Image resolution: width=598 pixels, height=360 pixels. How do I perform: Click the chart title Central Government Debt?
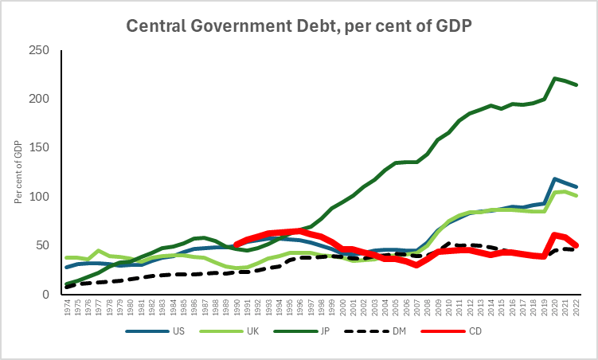[x=299, y=26]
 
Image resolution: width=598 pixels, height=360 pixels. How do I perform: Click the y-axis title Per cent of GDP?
[x=19, y=172]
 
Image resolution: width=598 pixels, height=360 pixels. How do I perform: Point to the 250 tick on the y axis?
[x=38, y=50]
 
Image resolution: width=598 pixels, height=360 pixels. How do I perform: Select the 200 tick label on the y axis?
[x=38, y=99]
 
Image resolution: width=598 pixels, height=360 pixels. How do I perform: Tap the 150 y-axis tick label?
[x=38, y=147]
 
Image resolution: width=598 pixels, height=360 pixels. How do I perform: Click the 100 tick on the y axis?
[x=38, y=197]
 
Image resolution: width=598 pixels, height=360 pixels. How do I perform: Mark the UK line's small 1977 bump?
[x=98, y=250]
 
